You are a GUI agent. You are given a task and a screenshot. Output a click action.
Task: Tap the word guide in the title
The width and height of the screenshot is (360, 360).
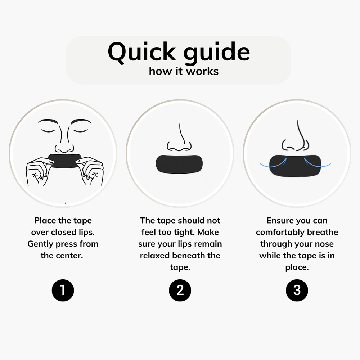(216, 52)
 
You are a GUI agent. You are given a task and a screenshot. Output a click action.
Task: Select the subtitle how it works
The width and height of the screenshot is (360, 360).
(184, 71)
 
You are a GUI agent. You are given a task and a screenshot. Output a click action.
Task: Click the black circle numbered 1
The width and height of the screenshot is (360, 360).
(63, 290)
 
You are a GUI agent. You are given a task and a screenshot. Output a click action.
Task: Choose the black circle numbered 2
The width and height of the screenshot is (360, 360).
(180, 290)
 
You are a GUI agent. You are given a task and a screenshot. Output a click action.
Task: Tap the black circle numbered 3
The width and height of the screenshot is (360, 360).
(297, 290)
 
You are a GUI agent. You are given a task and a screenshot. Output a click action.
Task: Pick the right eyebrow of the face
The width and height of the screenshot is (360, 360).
(80, 121)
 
